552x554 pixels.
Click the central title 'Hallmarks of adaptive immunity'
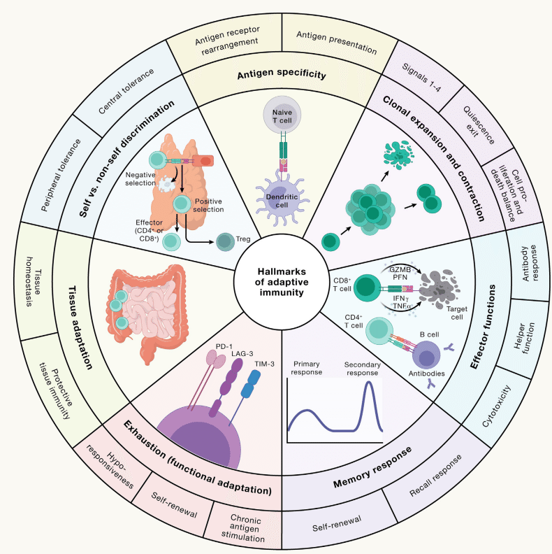282,282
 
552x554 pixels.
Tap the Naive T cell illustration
282,115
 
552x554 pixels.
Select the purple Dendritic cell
282,200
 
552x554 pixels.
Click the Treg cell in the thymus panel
225,242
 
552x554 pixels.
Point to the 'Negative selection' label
140,179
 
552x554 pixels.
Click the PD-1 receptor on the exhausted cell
216,359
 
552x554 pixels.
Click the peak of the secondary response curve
369,382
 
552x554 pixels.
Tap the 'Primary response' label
306,368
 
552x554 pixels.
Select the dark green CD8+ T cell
367,287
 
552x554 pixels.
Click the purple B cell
426,355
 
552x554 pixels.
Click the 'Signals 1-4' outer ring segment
422,78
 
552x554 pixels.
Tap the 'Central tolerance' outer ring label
126,91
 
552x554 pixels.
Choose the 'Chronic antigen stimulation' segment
245,528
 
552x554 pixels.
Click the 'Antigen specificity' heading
282,74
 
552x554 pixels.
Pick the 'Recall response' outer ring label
435,476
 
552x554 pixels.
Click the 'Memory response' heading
372,467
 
